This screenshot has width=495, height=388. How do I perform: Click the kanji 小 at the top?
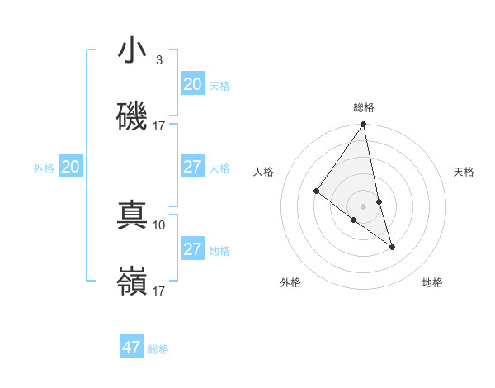[x=132, y=51]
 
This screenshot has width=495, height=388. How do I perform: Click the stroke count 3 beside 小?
[x=158, y=60]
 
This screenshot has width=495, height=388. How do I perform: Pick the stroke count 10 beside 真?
[x=159, y=225]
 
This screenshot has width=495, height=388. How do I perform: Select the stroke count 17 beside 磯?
[x=159, y=125]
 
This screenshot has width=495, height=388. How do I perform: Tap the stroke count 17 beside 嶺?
[x=159, y=291]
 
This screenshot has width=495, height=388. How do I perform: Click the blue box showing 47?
[x=132, y=348]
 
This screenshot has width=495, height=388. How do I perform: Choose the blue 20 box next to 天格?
[x=193, y=84]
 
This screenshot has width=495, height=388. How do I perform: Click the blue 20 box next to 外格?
[x=71, y=167]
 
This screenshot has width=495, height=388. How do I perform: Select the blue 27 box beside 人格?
[x=193, y=167]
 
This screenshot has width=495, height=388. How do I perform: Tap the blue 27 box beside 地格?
[x=193, y=249]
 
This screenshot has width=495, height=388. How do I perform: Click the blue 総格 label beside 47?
[x=158, y=349]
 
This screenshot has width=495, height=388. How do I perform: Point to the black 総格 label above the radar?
[x=364, y=107]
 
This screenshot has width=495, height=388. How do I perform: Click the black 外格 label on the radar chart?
[x=290, y=282]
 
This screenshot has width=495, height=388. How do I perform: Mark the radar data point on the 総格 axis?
[x=364, y=125]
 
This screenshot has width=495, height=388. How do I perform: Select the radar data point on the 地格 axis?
[x=392, y=247]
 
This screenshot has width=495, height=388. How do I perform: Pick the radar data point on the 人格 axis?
[x=316, y=192]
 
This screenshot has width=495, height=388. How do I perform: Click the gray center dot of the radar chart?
[x=364, y=206]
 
